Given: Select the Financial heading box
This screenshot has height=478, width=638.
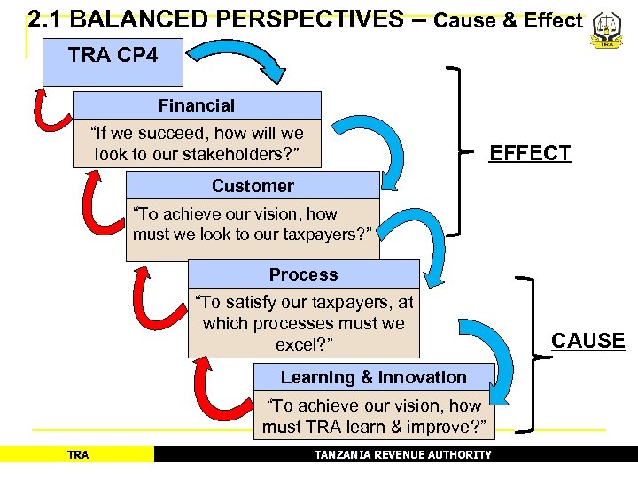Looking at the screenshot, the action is (x=196, y=105).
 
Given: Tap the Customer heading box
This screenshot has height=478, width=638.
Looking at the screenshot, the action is (x=253, y=186).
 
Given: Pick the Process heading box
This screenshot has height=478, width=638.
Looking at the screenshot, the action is (x=303, y=274).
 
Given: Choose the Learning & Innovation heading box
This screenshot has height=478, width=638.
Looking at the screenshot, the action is (x=373, y=377).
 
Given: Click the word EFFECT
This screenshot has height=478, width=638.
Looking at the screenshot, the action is (x=530, y=153).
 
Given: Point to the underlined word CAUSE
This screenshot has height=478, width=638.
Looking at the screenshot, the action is (x=587, y=341).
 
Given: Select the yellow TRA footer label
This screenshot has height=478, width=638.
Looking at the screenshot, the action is (x=78, y=455).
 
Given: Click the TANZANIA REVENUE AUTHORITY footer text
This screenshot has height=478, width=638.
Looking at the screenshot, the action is (x=403, y=455).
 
